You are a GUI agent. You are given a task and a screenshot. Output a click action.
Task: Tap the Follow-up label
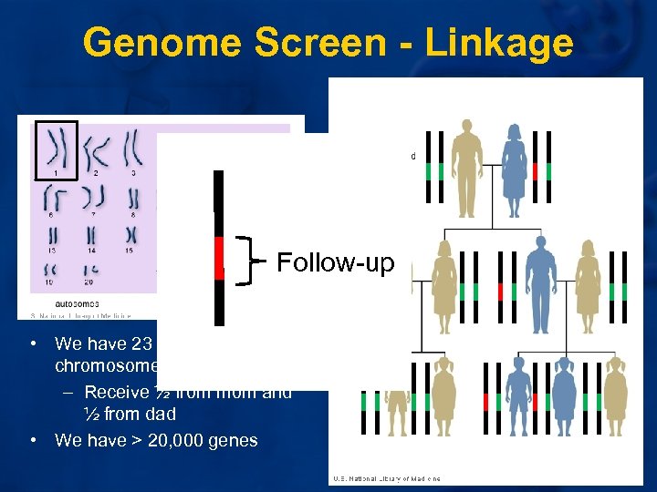click(x=335, y=263)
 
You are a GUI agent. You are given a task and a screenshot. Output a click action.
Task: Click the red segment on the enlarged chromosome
click(x=218, y=259)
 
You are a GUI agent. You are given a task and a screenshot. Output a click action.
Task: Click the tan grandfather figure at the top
click(x=468, y=168)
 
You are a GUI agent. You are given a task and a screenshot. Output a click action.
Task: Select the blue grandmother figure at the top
click(x=513, y=172)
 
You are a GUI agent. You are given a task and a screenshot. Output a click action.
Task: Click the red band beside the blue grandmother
click(x=535, y=170)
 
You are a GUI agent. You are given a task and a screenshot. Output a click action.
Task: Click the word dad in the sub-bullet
click(x=159, y=415)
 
